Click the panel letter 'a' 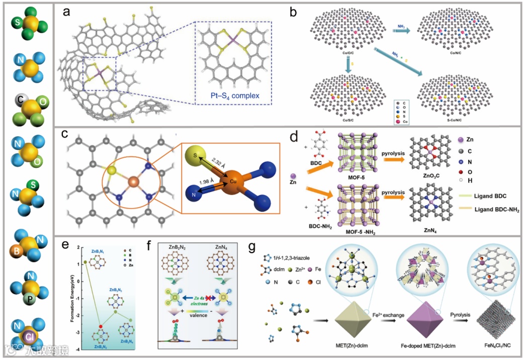pos(66,13)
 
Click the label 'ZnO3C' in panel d pos(421,176)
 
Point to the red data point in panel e pos(102,327)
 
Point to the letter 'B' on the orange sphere pos(17,250)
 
